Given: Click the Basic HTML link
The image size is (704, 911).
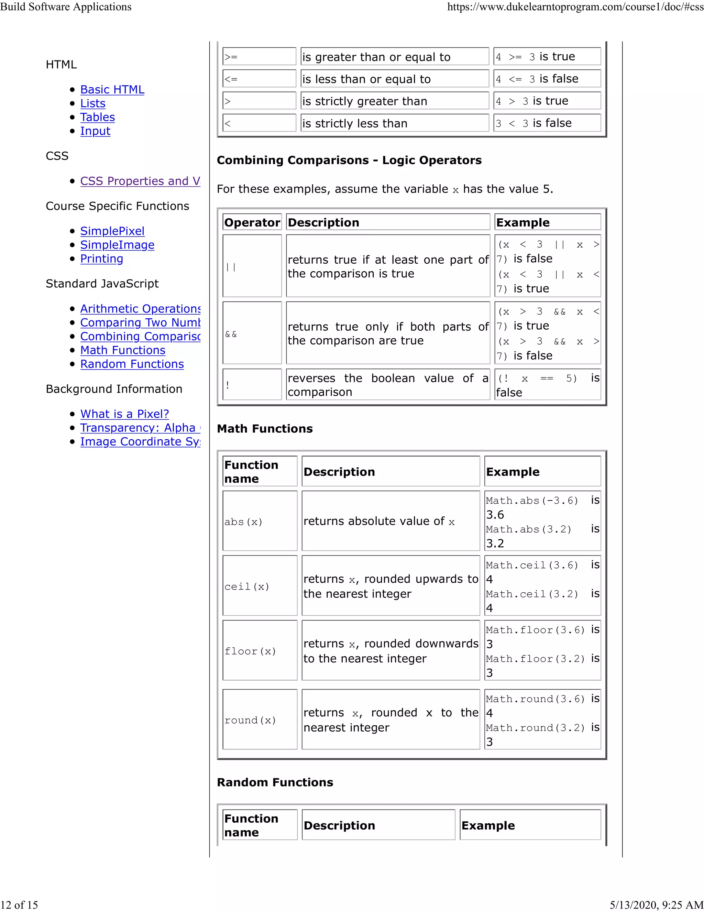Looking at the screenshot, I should pos(112,90).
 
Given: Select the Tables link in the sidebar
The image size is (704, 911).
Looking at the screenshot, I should pos(98,117).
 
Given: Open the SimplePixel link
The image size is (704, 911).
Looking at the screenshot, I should pos(112,231).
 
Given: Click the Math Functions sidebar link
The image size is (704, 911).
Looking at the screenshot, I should pos(123,350).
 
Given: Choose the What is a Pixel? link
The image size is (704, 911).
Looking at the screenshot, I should pos(124,414).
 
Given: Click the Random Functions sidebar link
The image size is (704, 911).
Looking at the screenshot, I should pos(132,364).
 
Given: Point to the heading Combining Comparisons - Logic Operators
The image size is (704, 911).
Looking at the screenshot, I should pos(349,160).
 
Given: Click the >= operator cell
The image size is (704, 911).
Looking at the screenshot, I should pos(259,57).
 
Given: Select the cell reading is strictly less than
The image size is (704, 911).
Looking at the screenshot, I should pos(394,123).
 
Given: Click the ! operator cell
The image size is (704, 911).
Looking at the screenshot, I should pos(252,385).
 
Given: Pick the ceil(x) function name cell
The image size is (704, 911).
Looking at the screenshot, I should pos(260,586).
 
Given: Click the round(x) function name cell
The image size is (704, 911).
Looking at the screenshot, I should pos(260,720).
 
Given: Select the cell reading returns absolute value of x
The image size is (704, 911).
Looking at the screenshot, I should pos(390,521).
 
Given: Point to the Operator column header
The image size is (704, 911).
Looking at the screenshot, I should pos(252,222).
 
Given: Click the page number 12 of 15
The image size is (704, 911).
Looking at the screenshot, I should pos(19,904).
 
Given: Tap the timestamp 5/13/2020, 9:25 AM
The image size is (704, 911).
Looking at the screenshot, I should pos(657,904).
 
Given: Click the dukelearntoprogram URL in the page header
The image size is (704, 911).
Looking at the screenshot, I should pos(575,7).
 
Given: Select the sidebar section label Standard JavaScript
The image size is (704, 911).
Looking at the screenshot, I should pos(102,284).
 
